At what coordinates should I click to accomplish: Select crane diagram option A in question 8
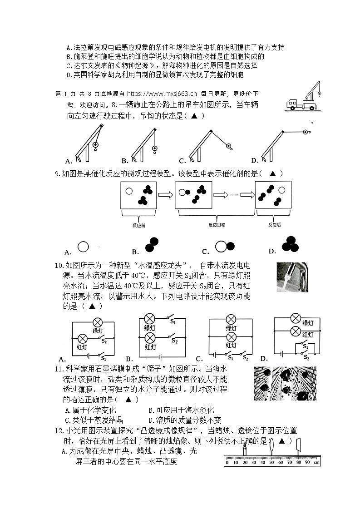(88, 143)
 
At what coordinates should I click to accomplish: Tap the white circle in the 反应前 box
(129, 192)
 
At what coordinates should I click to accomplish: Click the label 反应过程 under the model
(217, 225)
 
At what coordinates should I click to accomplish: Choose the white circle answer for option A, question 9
(83, 247)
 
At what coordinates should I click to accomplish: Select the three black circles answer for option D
(290, 244)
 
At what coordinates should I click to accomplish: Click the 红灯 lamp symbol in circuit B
(150, 338)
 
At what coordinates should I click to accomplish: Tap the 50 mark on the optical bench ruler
(271, 462)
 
